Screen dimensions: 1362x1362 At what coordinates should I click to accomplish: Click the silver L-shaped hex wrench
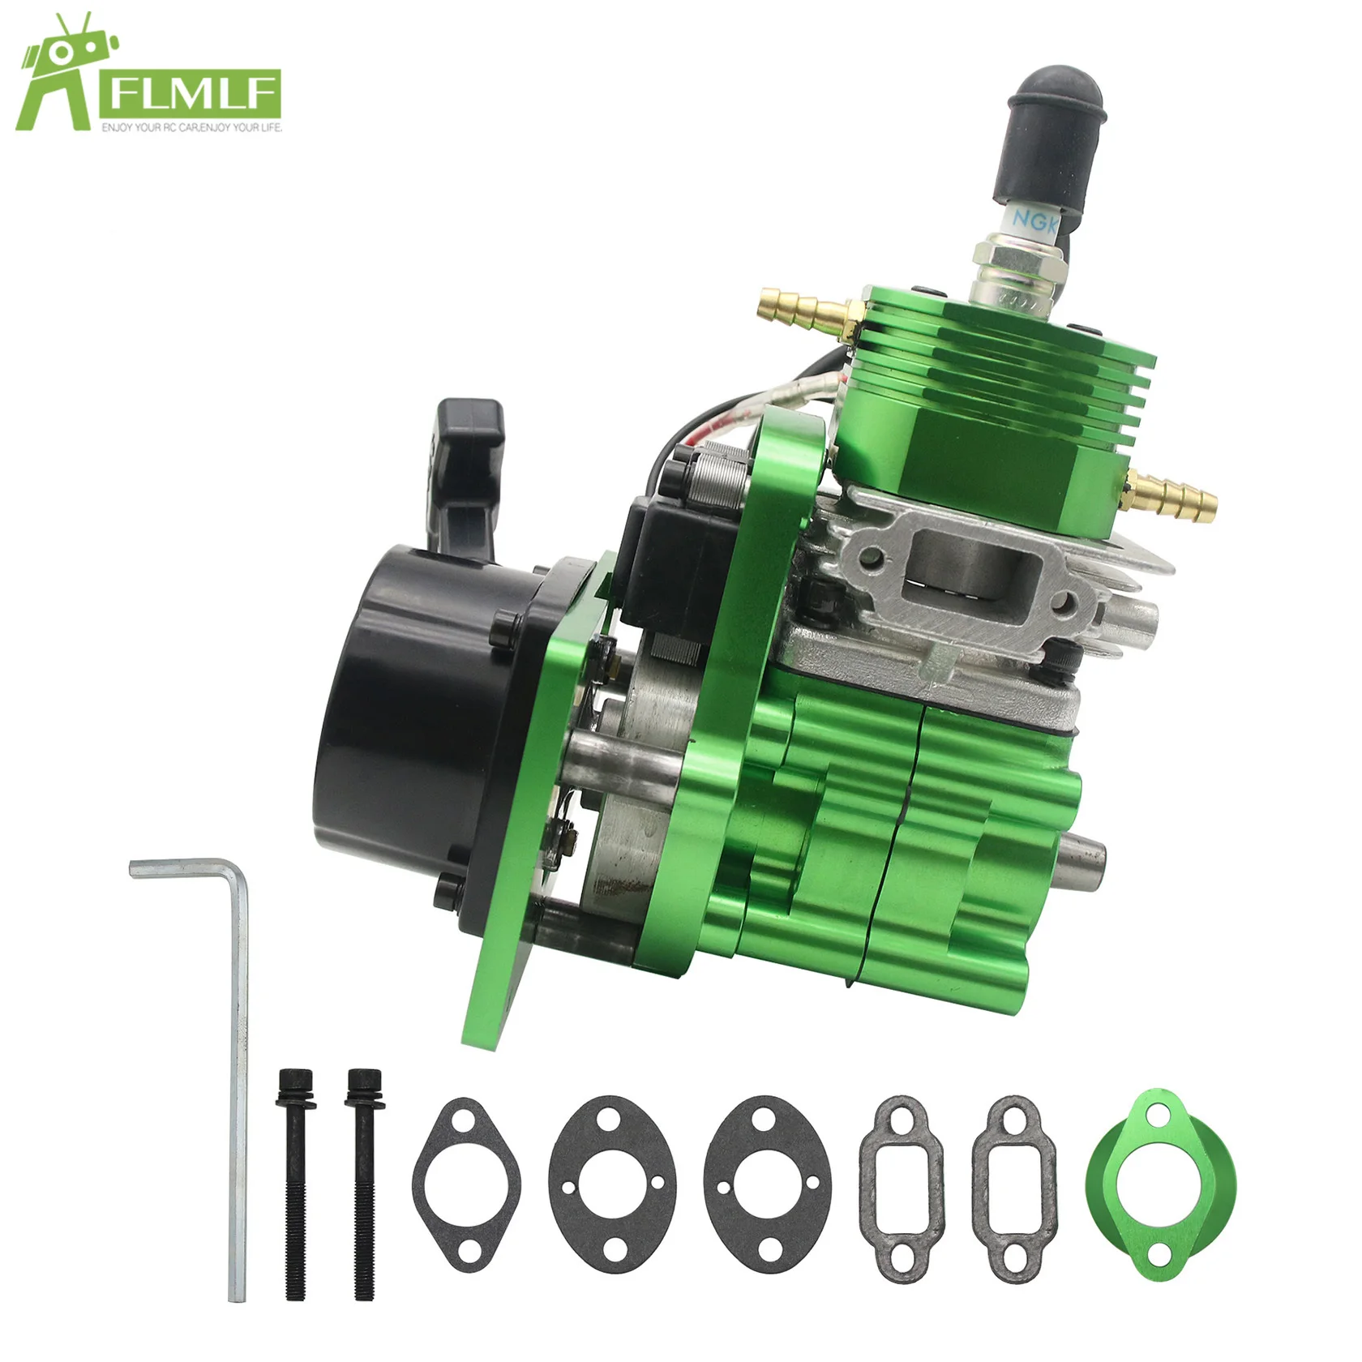(x=235, y=1054)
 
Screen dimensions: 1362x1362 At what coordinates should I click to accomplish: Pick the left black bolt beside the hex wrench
(x=293, y=1184)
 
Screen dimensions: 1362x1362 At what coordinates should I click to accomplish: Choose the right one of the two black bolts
(x=362, y=1184)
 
